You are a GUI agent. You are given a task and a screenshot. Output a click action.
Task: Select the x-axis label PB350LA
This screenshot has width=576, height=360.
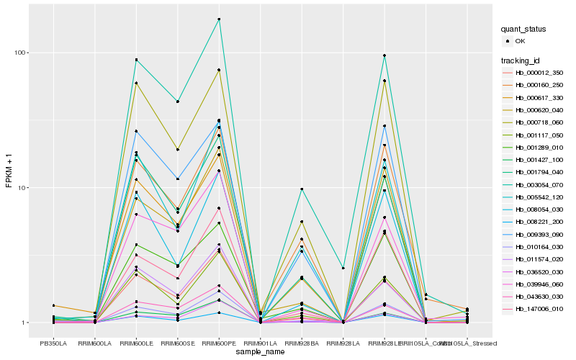[53, 343]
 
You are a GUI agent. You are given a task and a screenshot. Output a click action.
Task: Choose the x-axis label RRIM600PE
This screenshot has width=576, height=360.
[219, 343]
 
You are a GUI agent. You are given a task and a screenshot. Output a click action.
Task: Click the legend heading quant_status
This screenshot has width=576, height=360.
[523, 30]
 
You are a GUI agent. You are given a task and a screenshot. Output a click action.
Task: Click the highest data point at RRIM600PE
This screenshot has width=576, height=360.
[219, 19]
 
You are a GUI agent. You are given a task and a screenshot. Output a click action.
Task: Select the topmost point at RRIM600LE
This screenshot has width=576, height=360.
[136, 60]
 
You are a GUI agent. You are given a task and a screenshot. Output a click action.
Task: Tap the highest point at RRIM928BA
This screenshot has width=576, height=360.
[302, 189]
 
